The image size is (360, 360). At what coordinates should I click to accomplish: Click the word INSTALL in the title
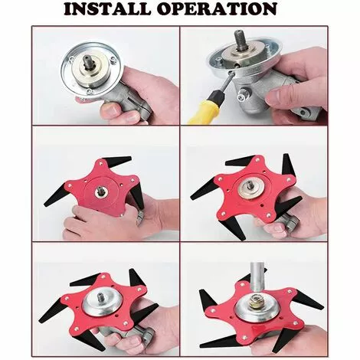(x=107, y=9)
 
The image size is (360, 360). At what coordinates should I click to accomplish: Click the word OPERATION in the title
(x=217, y=9)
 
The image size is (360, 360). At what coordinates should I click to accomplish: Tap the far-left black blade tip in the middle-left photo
(x=47, y=204)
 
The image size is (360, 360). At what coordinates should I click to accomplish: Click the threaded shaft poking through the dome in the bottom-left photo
(x=100, y=297)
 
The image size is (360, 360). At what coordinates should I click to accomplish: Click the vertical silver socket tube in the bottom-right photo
(x=257, y=278)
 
